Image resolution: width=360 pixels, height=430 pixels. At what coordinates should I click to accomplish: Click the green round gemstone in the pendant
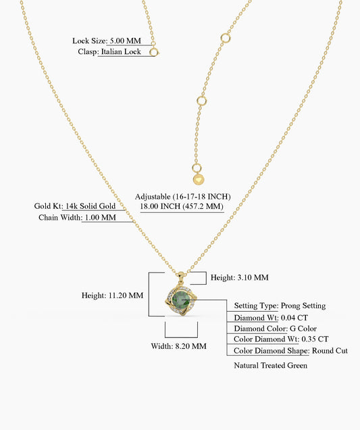click(181, 300)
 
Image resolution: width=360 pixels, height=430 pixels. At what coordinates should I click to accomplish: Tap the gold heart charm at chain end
click(199, 180)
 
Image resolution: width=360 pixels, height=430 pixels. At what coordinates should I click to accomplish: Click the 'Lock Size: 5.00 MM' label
click(107, 41)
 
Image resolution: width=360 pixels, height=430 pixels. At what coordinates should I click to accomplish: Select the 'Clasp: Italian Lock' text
click(109, 51)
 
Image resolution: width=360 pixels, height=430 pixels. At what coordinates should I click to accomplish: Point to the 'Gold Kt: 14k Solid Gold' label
click(75, 206)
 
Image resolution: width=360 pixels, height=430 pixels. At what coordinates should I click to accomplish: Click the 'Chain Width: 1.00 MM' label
click(77, 218)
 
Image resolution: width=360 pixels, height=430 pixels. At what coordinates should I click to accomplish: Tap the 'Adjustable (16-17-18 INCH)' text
click(183, 197)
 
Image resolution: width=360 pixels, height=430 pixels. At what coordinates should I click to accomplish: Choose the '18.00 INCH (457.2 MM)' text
click(182, 206)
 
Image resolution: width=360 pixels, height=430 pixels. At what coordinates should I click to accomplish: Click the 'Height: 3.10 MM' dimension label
click(240, 277)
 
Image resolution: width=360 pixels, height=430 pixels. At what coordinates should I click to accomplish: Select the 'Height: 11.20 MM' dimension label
click(112, 295)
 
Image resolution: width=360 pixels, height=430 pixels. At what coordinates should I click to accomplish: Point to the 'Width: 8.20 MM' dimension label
click(178, 346)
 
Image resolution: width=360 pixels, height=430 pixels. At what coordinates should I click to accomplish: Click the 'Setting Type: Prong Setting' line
click(280, 306)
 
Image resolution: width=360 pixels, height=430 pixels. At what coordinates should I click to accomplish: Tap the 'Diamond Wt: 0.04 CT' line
click(271, 318)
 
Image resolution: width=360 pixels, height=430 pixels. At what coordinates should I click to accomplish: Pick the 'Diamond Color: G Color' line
click(275, 329)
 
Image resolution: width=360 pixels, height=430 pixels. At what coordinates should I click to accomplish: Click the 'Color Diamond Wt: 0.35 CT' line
click(281, 339)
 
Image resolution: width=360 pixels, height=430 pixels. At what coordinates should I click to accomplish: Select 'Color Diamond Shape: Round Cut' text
click(290, 351)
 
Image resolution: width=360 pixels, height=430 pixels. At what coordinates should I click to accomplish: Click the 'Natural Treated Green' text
click(270, 366)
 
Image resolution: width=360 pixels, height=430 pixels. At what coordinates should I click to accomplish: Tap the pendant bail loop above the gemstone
click(181, 276)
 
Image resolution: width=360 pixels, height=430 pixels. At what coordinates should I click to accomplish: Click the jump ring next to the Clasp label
click(154, 52)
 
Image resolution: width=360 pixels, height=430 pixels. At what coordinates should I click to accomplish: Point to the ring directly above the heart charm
click(196, 168)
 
